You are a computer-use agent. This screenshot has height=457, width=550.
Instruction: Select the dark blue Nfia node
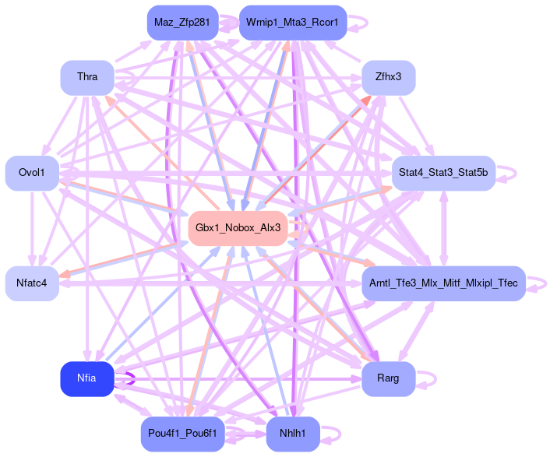[86, 378]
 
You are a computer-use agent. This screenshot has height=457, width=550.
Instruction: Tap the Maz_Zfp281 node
[182, 22]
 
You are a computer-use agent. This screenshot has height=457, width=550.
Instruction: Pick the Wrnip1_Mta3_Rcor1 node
[292, 22]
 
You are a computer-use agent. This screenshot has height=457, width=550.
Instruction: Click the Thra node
[86, 76]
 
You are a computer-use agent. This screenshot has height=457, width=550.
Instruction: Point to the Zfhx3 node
[388, 76]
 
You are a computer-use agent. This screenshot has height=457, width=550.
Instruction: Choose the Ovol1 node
[32, 172]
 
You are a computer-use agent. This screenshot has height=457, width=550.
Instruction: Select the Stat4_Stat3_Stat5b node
[443, 172]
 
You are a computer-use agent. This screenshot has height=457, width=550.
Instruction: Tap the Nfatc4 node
[32, 282]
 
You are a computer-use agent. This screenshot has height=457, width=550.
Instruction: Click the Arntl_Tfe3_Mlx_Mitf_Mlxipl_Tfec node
[443, 282]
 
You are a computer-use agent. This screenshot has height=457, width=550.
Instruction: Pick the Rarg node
[388, 378]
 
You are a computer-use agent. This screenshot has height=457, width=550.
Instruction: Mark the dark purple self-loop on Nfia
[125, 379]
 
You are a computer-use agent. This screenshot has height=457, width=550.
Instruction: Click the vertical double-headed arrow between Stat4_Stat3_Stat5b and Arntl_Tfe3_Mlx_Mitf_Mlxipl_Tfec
[443, 227]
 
